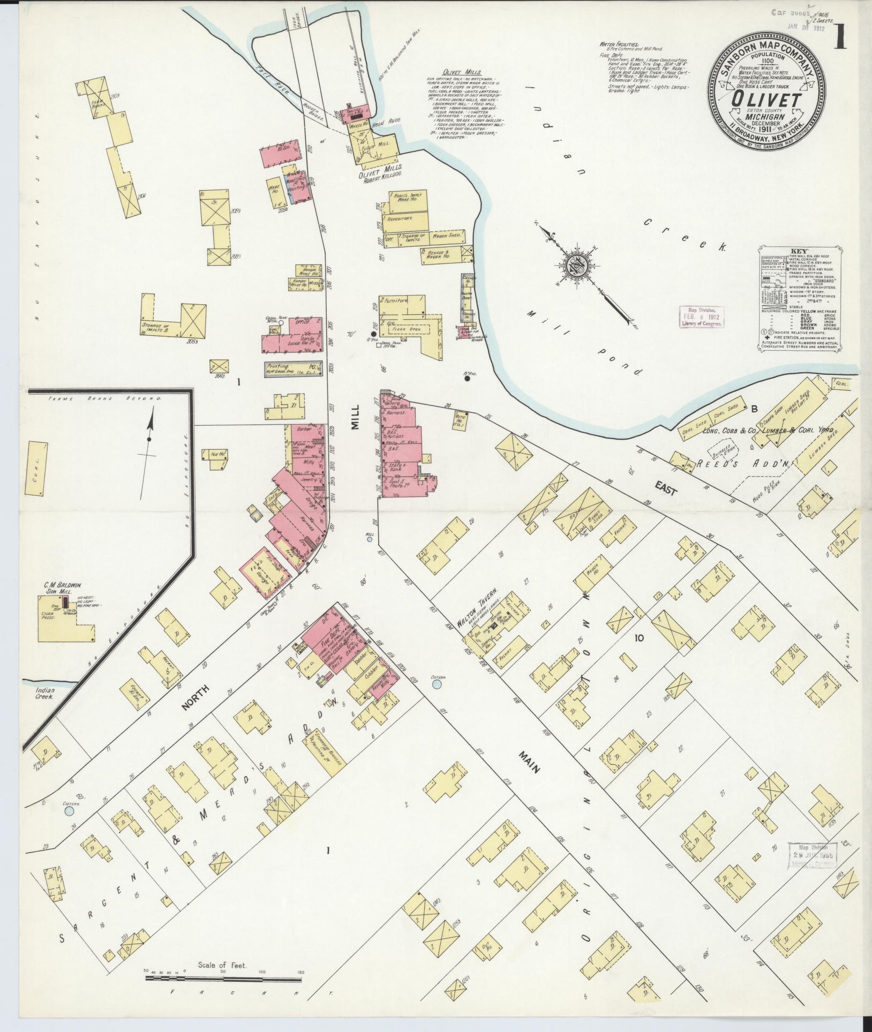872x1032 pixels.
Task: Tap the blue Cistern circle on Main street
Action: [x=437, y=684]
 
